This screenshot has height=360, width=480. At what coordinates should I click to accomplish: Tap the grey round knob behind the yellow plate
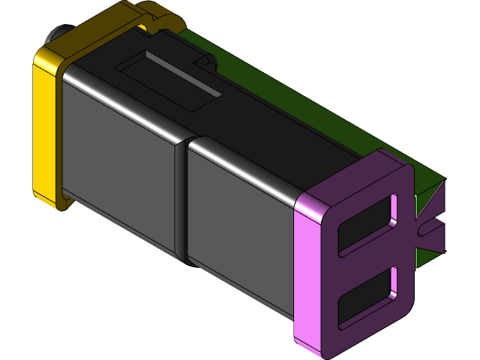pos(55,34)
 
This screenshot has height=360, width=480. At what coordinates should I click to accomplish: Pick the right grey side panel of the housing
pos(240,225)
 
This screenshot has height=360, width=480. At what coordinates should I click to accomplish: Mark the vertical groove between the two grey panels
pos(181,202)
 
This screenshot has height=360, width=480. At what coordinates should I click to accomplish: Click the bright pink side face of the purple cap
pos(307,277)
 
